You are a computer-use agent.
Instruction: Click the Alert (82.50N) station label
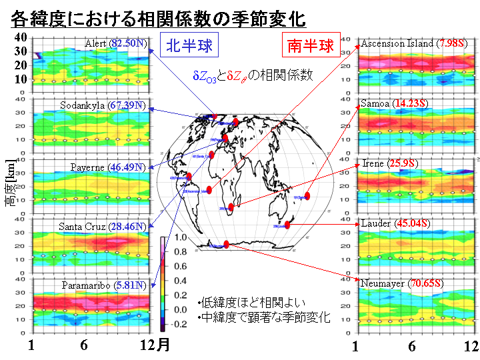click(x=116, y=44)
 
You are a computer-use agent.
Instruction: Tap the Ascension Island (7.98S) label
click(x=414, y=44)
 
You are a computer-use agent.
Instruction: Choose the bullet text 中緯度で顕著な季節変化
click(x=264, y=319)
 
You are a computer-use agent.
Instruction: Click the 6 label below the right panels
click(x=412, y=346)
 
